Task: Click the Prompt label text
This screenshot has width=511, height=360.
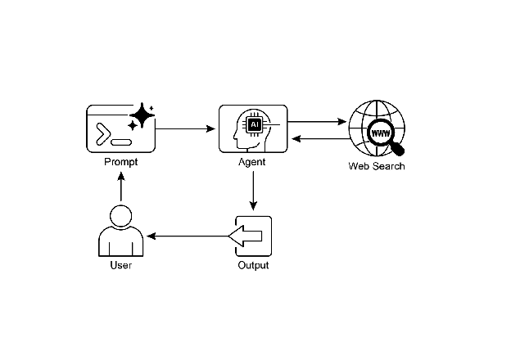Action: (x=120, y=162)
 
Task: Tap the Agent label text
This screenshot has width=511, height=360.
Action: (x=252, y=162)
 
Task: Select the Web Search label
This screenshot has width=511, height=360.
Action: (x=377, y=167)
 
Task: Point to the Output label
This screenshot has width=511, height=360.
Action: (x=253, y=265)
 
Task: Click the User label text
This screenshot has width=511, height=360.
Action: (x=120, y=265)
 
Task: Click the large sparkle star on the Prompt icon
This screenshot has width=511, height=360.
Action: (x=142, y=116)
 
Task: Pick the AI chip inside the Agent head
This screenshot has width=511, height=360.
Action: (x=255, y=124)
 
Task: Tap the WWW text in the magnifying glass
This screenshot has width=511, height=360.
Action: (x=381, y=133)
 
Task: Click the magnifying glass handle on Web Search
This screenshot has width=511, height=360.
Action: (x=398, y=149)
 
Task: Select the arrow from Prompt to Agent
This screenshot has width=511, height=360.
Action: (x=186, y=128)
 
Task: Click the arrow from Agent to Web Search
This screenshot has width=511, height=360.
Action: (x=318, y=122)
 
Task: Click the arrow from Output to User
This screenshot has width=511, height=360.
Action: (x=188, y=236)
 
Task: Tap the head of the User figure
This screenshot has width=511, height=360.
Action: (x=120, y=217)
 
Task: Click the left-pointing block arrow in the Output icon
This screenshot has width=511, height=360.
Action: (x=246, y=236)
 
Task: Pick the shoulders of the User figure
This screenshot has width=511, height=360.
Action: (x=120, y=244)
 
